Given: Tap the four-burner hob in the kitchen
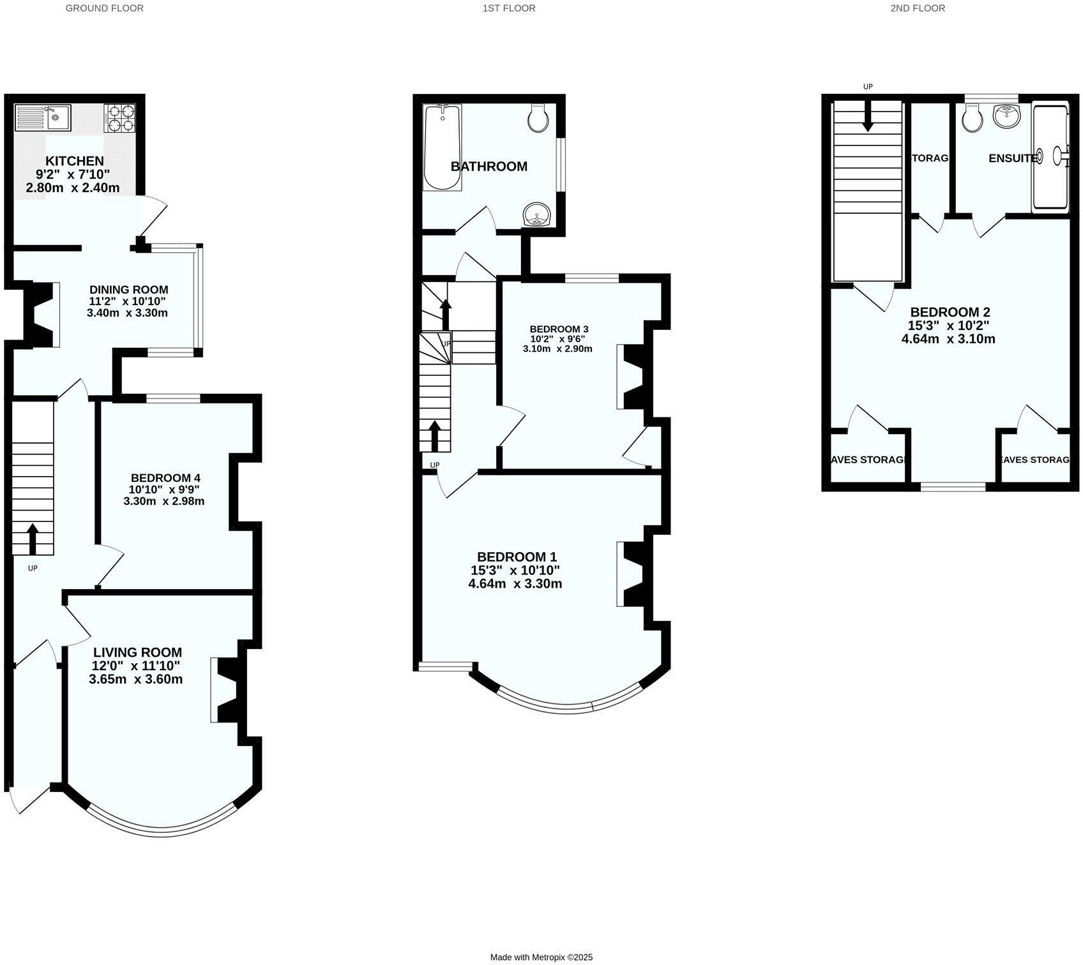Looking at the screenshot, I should tap(120, 118).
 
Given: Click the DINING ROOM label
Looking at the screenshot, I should tap(128, 290).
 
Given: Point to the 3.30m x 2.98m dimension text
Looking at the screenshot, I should tap(164, 501).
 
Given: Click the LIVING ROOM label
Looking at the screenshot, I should tap(137, 652).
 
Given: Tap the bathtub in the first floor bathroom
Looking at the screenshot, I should tap(443, 147).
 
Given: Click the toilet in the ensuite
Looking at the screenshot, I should tap(973, 119).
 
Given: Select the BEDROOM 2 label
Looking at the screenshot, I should tap(950, 312).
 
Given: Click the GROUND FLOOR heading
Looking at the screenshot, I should tap(105, 8).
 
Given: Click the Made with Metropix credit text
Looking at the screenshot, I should tap(541, 957).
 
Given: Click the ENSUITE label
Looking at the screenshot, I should tap(1013, 158).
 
